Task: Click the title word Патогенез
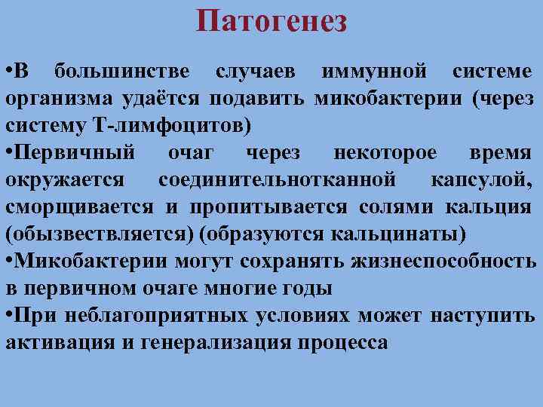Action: tap(271, 21)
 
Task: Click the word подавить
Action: tap(257, 98)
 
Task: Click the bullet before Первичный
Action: tap(9, 152)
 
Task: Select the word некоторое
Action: tap(385, 152)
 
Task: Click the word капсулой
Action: tap(482, 179)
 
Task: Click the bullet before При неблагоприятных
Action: tap(9, 315)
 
